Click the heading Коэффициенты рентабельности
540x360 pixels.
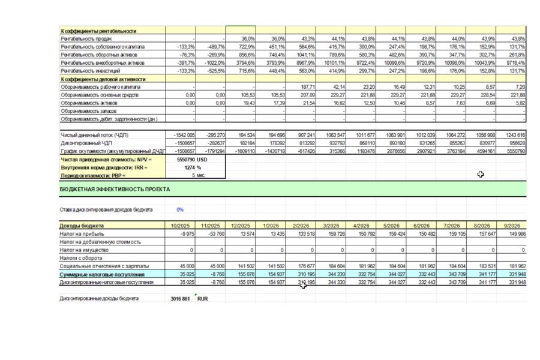click(98, 31)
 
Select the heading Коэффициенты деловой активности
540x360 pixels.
click(103, 79)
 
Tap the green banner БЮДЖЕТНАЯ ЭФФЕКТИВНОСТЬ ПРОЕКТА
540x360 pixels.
click(115, 189)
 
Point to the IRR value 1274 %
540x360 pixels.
click(193, 168)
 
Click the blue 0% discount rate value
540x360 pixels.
click(180, 210)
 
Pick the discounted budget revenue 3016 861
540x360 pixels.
click(180, 298)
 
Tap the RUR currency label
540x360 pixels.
click(202, 298)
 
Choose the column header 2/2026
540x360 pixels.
click(301, 226)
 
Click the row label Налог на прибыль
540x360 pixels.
click(82, 234)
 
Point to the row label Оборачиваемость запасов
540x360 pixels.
click(88, 111)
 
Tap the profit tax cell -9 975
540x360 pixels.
click(187, 234)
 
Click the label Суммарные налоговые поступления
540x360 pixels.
click(99, 274)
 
